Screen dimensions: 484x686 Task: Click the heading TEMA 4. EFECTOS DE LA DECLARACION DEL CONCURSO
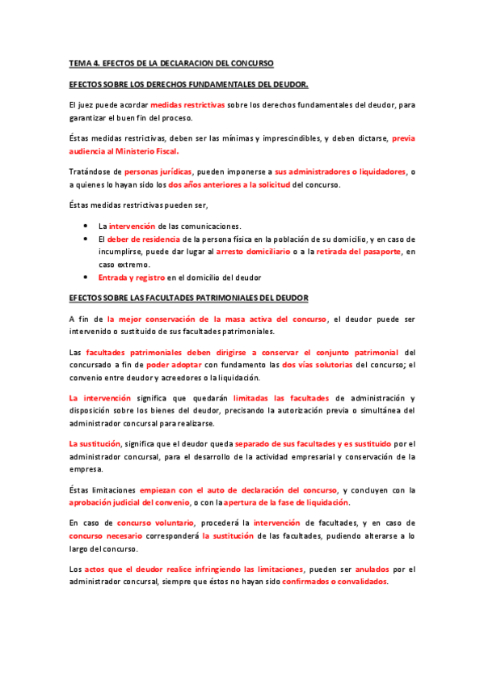(171, 62)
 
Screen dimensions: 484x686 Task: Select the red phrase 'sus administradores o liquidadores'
(340, 171)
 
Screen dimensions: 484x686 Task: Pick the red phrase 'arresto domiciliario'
(253, 252)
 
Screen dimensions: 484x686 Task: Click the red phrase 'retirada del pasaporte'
(356, 252)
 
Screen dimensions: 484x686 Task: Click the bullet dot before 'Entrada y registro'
(86, 278)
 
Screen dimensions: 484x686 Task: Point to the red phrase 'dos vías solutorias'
(317, 365)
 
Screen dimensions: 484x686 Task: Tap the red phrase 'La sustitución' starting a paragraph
(94, 444)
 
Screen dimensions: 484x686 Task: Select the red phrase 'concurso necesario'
(106, 536)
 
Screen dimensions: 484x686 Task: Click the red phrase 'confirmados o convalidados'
(335, 582)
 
